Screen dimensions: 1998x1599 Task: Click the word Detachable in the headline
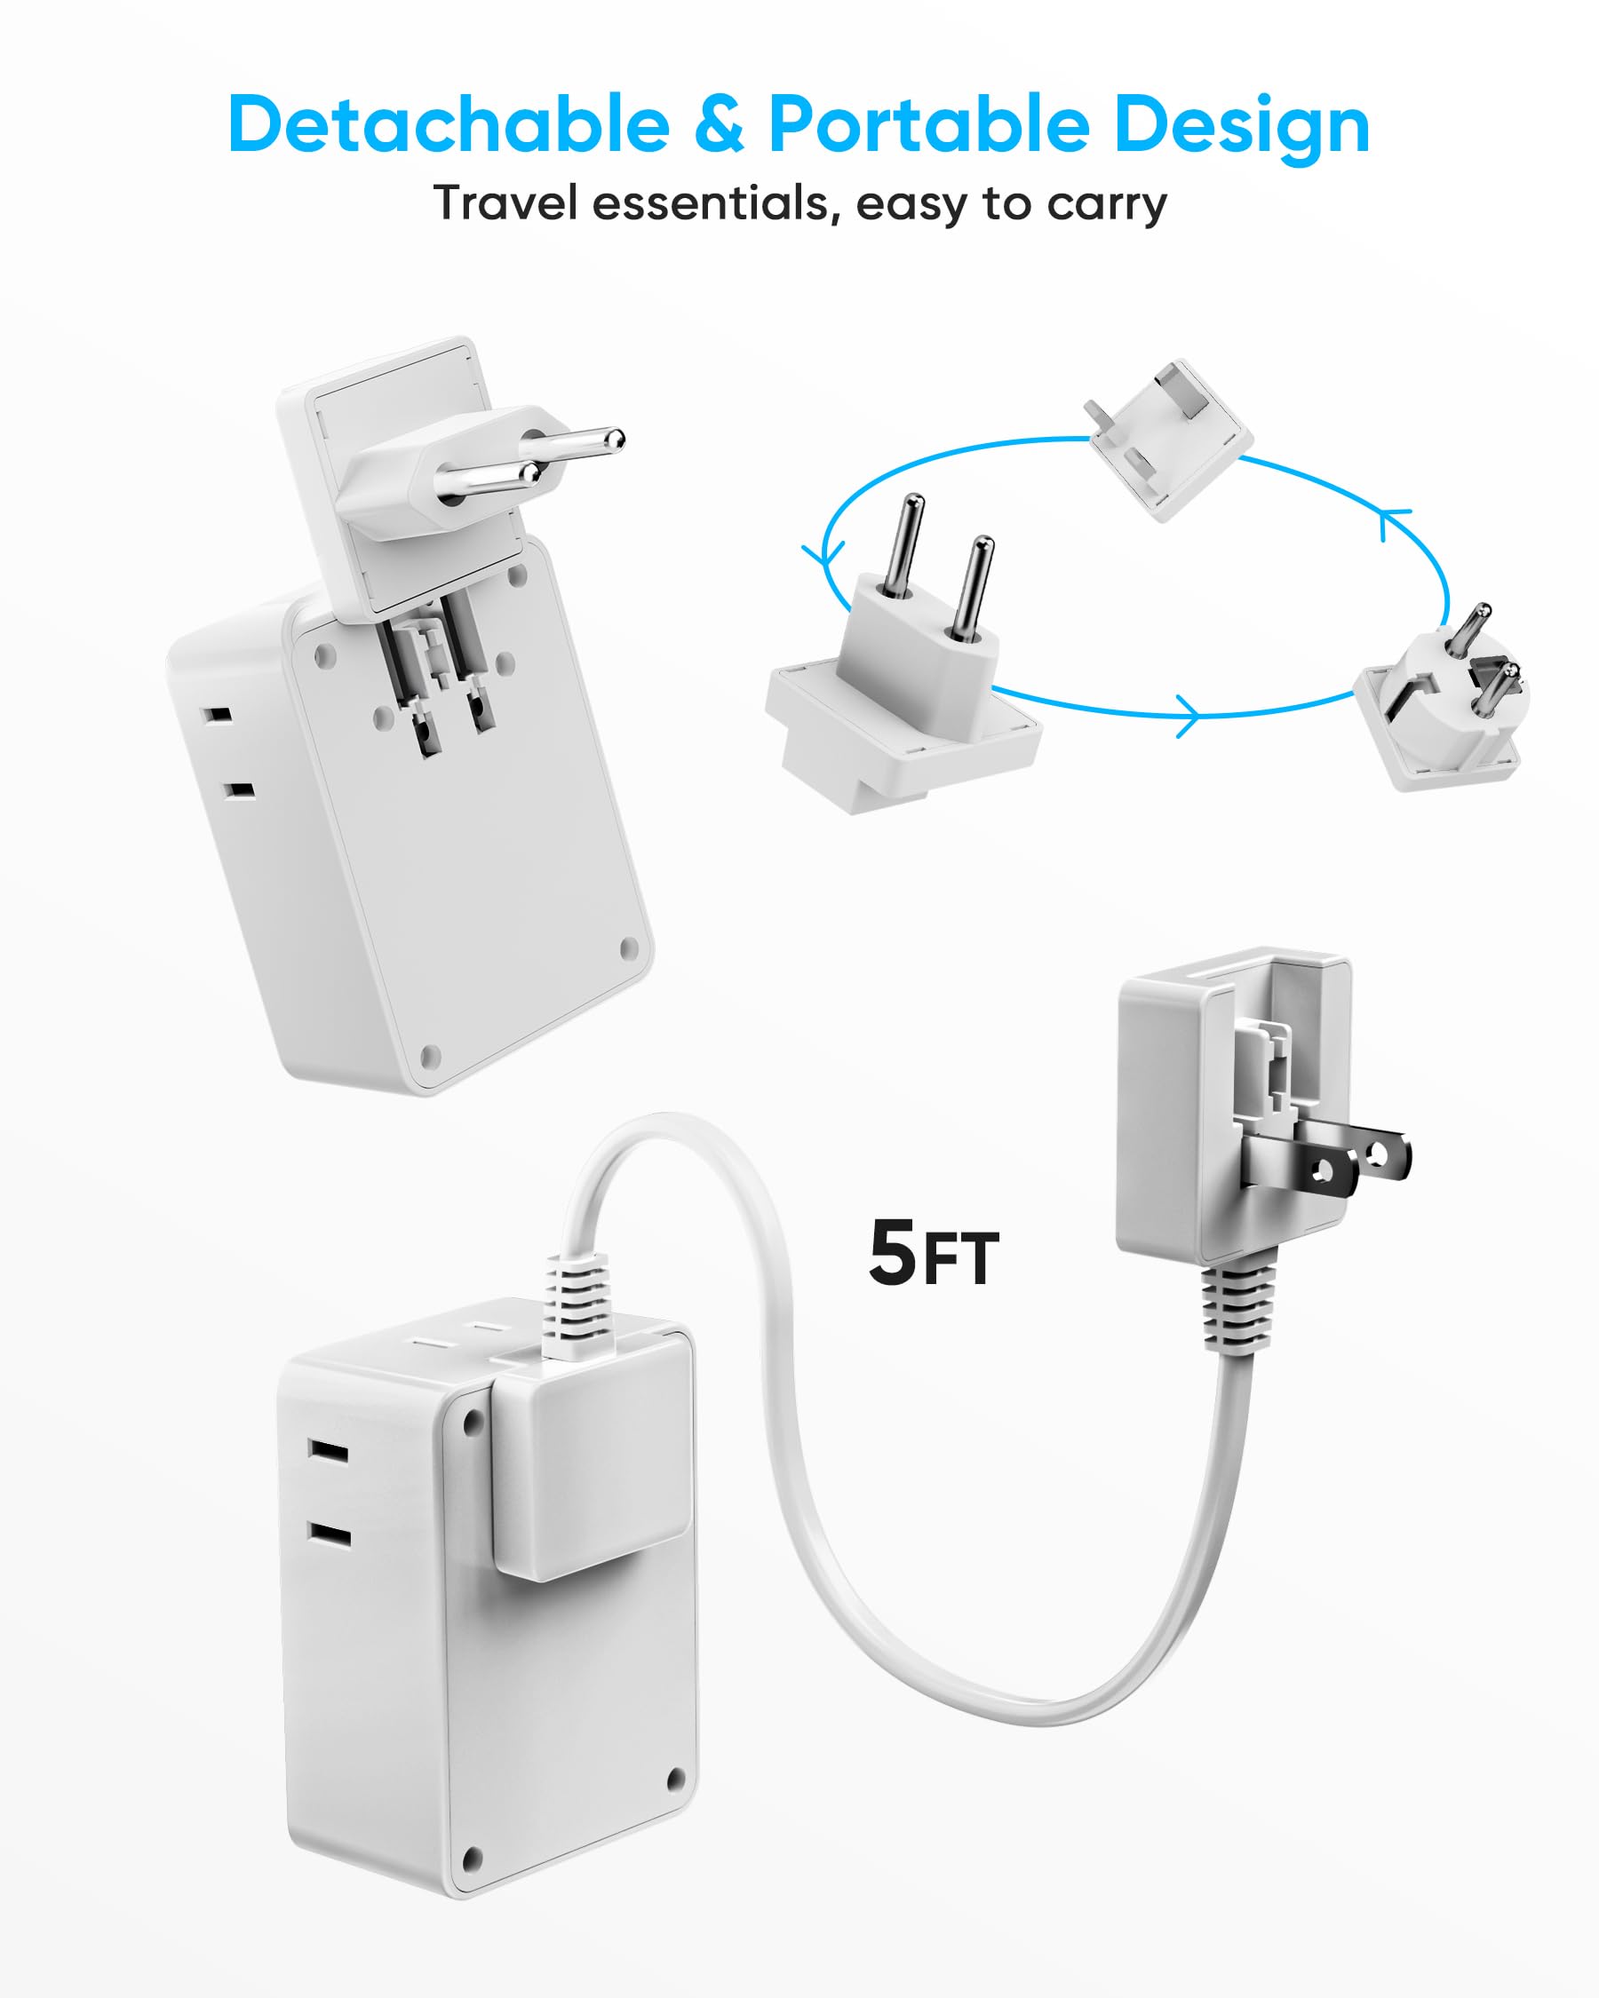[x=449, y=124]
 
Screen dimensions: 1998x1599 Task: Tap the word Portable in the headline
[x=929, y=124]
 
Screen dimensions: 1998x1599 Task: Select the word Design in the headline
[x=1242, y=126]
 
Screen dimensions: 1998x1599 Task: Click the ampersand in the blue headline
[x=719, y=124]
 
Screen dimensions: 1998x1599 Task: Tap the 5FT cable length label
[x=934, y=1254]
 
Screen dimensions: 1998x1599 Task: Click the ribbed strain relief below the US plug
[x=1236, y=1308]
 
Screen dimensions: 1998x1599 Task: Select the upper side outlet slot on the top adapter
[x=218, y=716]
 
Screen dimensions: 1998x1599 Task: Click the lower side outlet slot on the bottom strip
[x=330, y=1539]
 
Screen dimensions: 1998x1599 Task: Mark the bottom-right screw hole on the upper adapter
[x=628, y=948]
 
